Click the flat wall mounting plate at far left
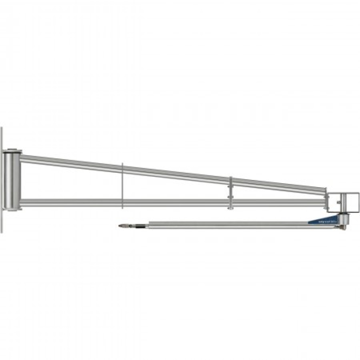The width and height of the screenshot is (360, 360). tap(2, 180)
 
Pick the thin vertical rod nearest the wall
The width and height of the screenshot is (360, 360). tap(122, 184)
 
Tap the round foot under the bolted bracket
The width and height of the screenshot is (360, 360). tap(230, 208)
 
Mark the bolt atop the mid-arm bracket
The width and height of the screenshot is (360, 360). tap(230, 178)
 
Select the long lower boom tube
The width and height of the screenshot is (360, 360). tap(225, 224)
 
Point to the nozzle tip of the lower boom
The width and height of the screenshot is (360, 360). tap(121, 226)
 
